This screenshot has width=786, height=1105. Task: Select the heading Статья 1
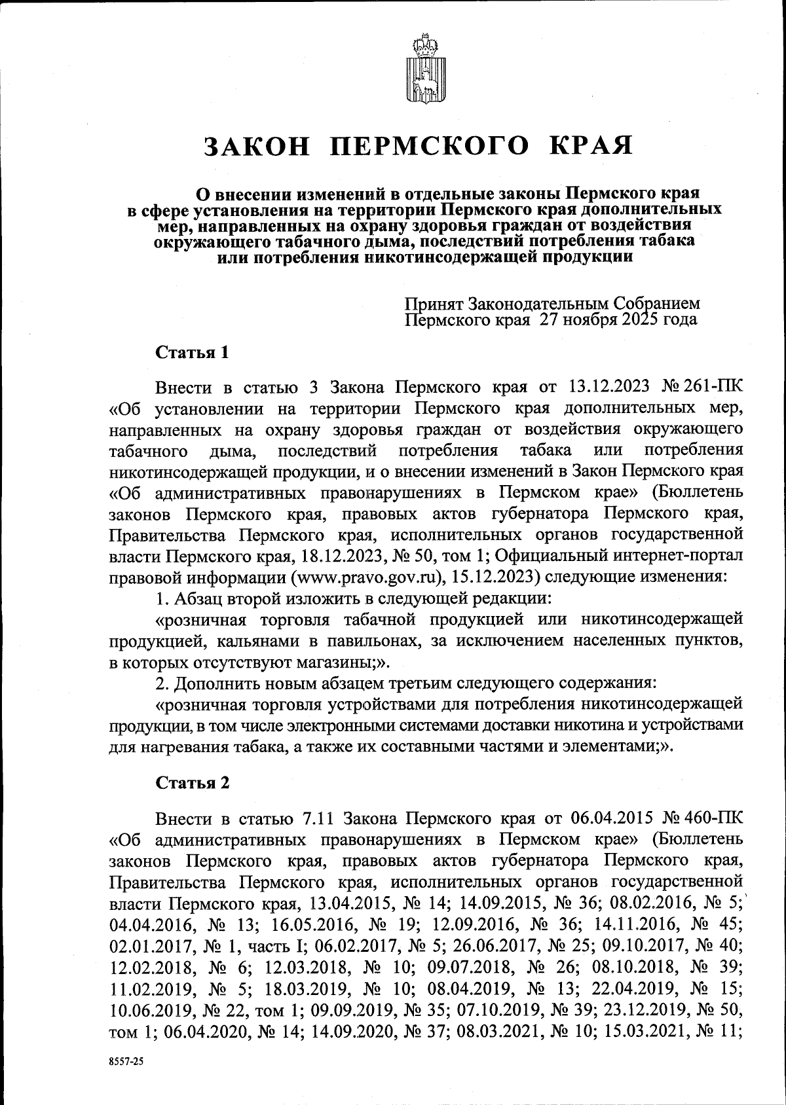193,353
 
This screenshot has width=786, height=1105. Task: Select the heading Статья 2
193,784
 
